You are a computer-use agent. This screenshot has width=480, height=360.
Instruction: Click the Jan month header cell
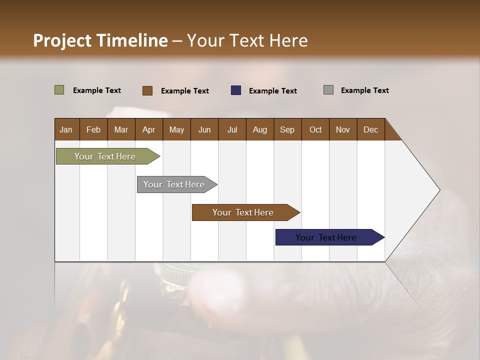point(66,129)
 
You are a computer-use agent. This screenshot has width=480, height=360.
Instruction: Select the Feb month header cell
point(93,129)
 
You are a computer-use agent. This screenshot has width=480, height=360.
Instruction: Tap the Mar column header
point(121,129)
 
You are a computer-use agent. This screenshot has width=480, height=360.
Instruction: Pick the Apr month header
point(149,129)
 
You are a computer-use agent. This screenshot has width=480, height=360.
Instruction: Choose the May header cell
point(176,129)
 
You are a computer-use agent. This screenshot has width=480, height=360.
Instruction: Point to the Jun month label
point(204,129)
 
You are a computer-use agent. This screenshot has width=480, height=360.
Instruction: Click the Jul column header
point(232,129)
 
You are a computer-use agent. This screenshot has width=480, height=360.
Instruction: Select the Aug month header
point(260,129)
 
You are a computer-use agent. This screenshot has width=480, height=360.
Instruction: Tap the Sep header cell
point(287,129)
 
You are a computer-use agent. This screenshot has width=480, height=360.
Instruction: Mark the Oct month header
point(315,129)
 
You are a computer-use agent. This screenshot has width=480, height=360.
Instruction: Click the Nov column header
point(343,129)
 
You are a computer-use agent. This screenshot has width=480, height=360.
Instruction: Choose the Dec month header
point(371,129)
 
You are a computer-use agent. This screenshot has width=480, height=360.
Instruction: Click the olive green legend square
point(59,90)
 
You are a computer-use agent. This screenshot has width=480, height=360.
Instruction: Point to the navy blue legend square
point(236,90)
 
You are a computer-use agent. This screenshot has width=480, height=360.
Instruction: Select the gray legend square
point(328,90)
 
